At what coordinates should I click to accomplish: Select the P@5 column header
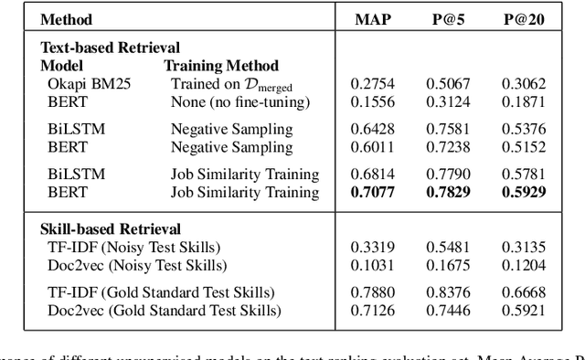click(x=448, y=19)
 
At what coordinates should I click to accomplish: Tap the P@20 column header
click(x=523, y=19)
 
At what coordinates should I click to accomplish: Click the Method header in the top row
click(x=67, y=19)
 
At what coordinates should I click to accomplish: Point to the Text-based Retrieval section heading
click(x=110, y=47)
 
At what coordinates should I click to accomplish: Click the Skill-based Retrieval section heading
click(x=111, y=228)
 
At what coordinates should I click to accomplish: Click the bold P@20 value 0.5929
click(x=523, y=192)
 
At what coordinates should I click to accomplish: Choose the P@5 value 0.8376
click(x=448, y=292)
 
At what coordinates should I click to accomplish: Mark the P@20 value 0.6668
click(x=523, y=292)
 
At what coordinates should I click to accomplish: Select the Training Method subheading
click(x=220, y=66)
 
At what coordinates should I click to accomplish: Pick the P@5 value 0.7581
click(x=448, y=129)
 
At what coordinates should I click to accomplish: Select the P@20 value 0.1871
click(x=523, y=101)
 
